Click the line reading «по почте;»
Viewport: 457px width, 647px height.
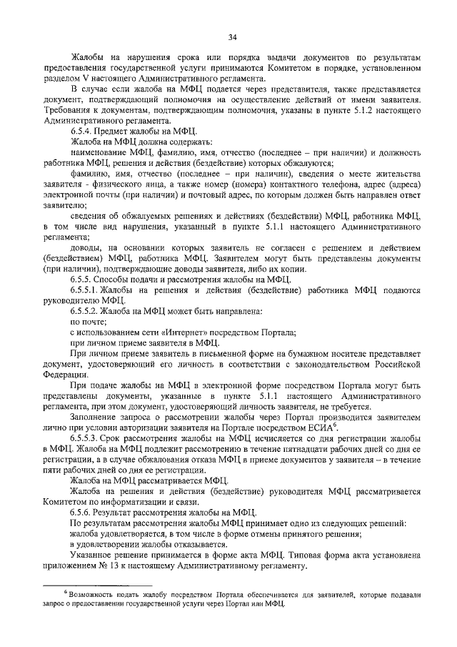pos(88,323)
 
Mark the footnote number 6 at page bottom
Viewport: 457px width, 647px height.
pos(65,592)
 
